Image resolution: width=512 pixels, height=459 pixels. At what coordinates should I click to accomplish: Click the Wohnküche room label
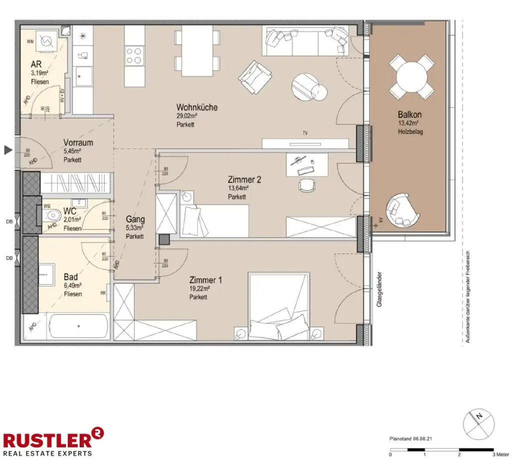point(196,107)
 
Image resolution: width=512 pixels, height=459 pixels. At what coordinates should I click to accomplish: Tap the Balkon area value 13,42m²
point(408,123)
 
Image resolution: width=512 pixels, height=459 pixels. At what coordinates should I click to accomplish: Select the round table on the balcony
point(411,77)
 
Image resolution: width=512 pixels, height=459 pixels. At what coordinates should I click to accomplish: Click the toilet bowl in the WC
point(51,216)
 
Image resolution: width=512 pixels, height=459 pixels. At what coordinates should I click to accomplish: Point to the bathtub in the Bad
point(78,326)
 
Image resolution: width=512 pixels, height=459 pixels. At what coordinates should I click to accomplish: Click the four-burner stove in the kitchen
point(134,55)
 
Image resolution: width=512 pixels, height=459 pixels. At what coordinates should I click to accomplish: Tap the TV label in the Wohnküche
point(304,133)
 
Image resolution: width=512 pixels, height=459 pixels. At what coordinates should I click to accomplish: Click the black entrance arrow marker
point(7,149)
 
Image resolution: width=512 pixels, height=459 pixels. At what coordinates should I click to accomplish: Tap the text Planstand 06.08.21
point(410,438)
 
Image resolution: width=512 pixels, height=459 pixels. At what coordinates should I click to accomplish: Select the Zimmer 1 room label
point(205,280)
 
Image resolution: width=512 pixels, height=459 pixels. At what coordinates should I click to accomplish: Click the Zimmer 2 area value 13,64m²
point(238,188)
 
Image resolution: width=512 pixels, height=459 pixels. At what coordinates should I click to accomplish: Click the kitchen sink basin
point(81,76)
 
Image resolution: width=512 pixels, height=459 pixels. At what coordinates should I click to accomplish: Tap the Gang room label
point(135,219)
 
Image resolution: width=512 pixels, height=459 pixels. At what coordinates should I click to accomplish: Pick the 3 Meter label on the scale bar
point(500,454)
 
